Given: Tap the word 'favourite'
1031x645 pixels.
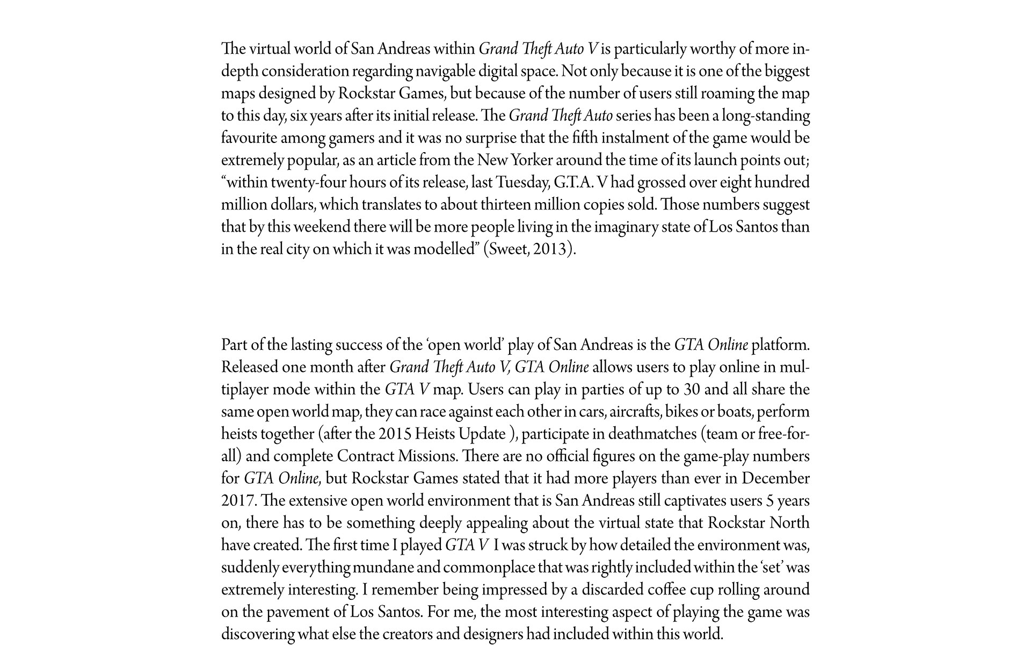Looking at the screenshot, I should pos(248,139).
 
